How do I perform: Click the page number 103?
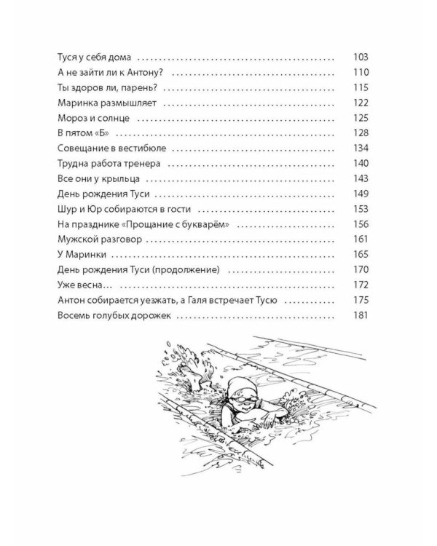point(361,57)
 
